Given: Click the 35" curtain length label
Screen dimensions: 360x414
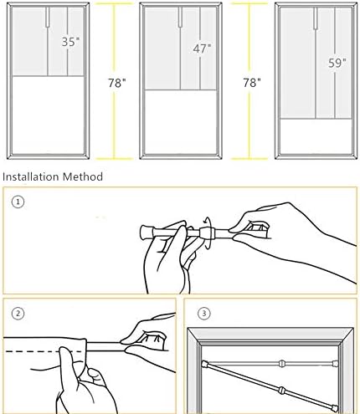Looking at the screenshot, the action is (70, 42).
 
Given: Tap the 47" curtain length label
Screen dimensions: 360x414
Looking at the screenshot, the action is (202, 49).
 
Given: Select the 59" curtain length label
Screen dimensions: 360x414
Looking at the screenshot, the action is (337, 63).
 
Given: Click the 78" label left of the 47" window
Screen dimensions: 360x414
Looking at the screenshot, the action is (117, 83).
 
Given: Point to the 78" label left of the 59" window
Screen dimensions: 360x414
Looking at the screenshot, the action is (252, 83).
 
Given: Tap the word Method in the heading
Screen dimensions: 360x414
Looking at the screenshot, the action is (83, 176).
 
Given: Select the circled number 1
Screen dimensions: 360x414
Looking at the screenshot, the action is (18, 202).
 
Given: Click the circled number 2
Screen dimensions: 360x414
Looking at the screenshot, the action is (18, 314).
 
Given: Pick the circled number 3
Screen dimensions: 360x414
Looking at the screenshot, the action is (204, 314).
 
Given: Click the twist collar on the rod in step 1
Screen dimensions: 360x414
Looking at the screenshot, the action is (206, 233).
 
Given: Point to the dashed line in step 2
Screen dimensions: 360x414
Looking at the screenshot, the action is (44, 351).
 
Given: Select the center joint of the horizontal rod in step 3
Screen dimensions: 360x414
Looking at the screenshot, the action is (282, 363).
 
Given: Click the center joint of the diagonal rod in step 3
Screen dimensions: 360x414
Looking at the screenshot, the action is (282, 389).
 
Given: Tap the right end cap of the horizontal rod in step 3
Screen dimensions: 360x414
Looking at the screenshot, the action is (335, 363).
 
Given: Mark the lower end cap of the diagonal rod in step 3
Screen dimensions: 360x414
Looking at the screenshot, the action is (334, 409).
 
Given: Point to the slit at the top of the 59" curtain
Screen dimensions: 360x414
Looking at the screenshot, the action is (316, 18).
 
